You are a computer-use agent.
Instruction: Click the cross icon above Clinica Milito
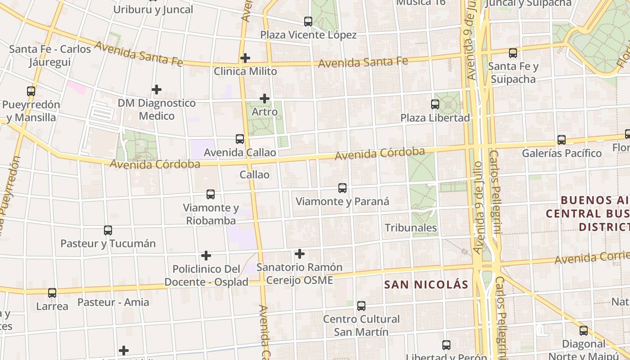[245, 58]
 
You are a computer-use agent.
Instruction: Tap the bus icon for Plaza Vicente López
[308, 21]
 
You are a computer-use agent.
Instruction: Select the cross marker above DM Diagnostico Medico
[157, 90]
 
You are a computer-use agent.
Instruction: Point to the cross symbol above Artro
[265, 98]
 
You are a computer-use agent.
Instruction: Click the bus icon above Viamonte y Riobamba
[211, 194]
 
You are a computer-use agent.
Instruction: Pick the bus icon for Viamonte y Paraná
[342, 188]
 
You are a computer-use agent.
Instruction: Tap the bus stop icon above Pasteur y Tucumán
[108, 230]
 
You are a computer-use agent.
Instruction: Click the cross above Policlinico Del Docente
[206, 256]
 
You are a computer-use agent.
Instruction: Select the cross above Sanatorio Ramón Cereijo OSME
[300, 254]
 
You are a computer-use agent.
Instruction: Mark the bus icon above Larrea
[52, 293]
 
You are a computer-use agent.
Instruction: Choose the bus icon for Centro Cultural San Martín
[361, 306]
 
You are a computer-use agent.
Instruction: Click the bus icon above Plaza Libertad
[435, 104]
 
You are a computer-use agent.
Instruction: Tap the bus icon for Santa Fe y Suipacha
[513, 53]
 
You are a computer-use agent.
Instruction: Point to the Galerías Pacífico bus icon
[562, 140]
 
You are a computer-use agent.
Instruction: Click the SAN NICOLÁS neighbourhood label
[426, 284]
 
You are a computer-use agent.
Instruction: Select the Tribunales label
[411, 228]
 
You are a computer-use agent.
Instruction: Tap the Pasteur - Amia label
[113, 302]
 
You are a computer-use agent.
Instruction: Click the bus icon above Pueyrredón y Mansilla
[31, 91]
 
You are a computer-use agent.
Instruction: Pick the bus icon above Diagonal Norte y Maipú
[584, 331]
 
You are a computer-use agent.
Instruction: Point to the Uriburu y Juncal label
[153, 9]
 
